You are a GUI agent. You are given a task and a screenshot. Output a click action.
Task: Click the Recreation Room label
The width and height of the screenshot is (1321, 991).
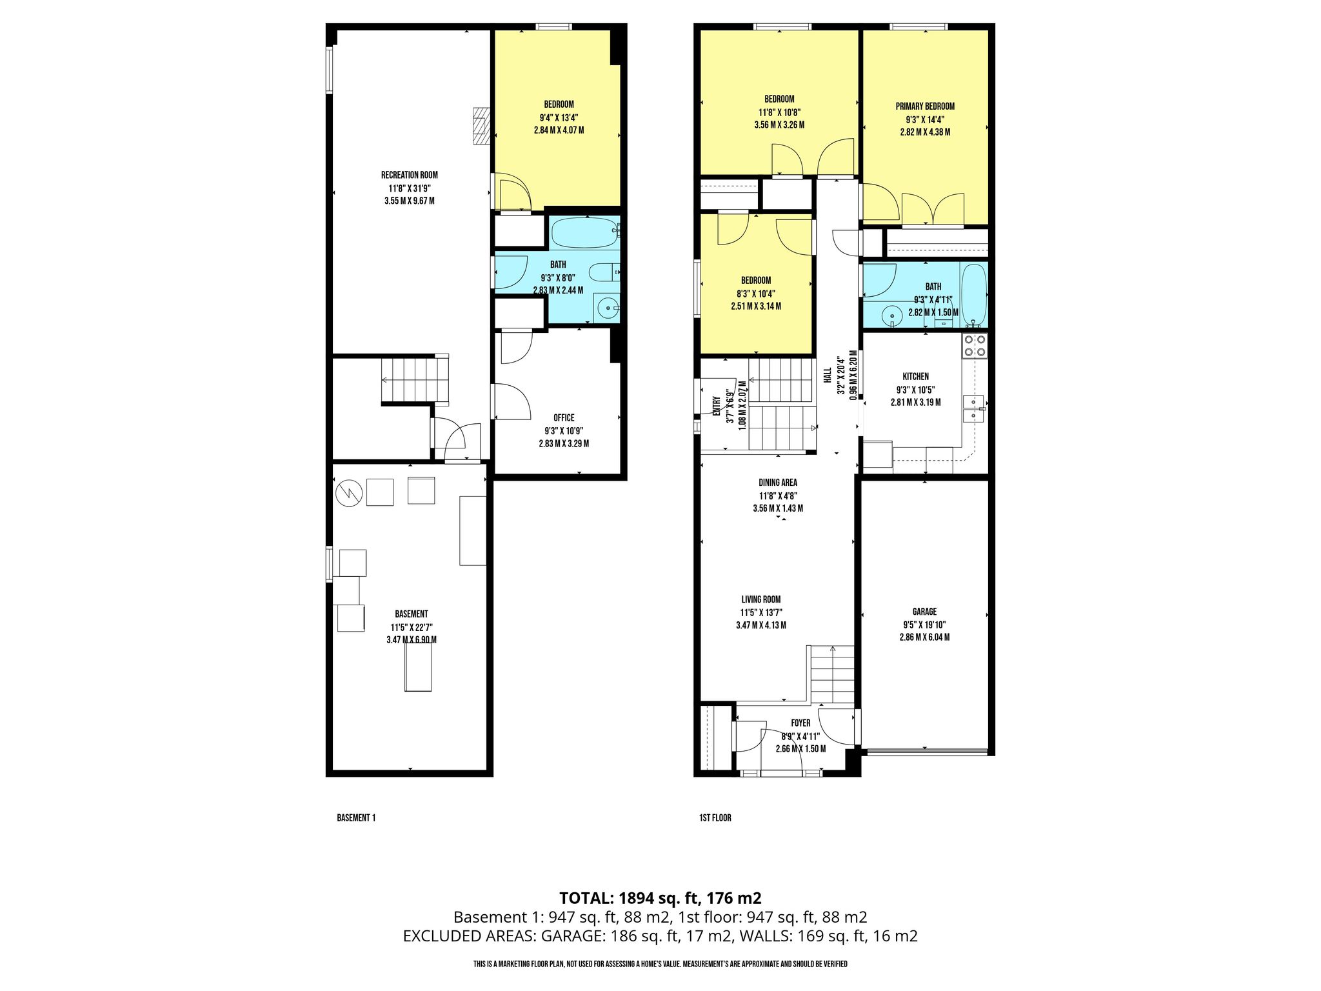pos(410,175)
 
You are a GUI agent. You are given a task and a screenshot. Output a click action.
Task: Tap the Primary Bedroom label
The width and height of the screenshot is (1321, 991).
pos(925,106)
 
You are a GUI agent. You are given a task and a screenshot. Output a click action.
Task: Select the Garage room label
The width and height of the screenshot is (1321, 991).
pos(924,612)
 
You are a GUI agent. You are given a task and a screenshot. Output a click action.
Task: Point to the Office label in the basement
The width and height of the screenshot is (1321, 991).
pos(564,418)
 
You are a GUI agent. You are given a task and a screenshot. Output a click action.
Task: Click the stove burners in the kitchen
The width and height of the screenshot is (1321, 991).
pos(974,346)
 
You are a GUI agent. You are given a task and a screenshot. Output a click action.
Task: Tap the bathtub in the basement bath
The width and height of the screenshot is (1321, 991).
pos(584,233)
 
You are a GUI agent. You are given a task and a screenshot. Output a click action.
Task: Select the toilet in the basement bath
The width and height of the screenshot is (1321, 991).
pos(605,272)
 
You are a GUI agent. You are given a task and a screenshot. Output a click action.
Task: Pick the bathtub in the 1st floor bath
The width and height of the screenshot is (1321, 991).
pos(973,294)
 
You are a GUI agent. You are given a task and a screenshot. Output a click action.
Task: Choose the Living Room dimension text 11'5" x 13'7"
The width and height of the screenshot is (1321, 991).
pos(761,612)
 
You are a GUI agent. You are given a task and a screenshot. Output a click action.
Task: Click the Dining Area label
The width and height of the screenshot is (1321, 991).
pos(778,483)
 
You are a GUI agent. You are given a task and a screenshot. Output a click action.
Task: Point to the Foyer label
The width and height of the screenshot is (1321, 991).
pos(800,723)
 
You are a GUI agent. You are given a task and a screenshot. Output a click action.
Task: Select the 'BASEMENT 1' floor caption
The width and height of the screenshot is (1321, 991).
pos(356,818)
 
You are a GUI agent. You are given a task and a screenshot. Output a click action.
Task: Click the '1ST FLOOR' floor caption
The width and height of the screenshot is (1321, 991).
pos(715,818)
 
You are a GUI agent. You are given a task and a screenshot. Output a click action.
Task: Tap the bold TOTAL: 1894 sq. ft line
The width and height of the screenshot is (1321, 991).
pos(660,898)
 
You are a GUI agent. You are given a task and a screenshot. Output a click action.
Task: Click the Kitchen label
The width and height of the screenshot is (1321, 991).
pos(916,377)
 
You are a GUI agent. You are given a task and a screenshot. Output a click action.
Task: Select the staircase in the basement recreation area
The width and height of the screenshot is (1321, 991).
pos(415,379)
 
